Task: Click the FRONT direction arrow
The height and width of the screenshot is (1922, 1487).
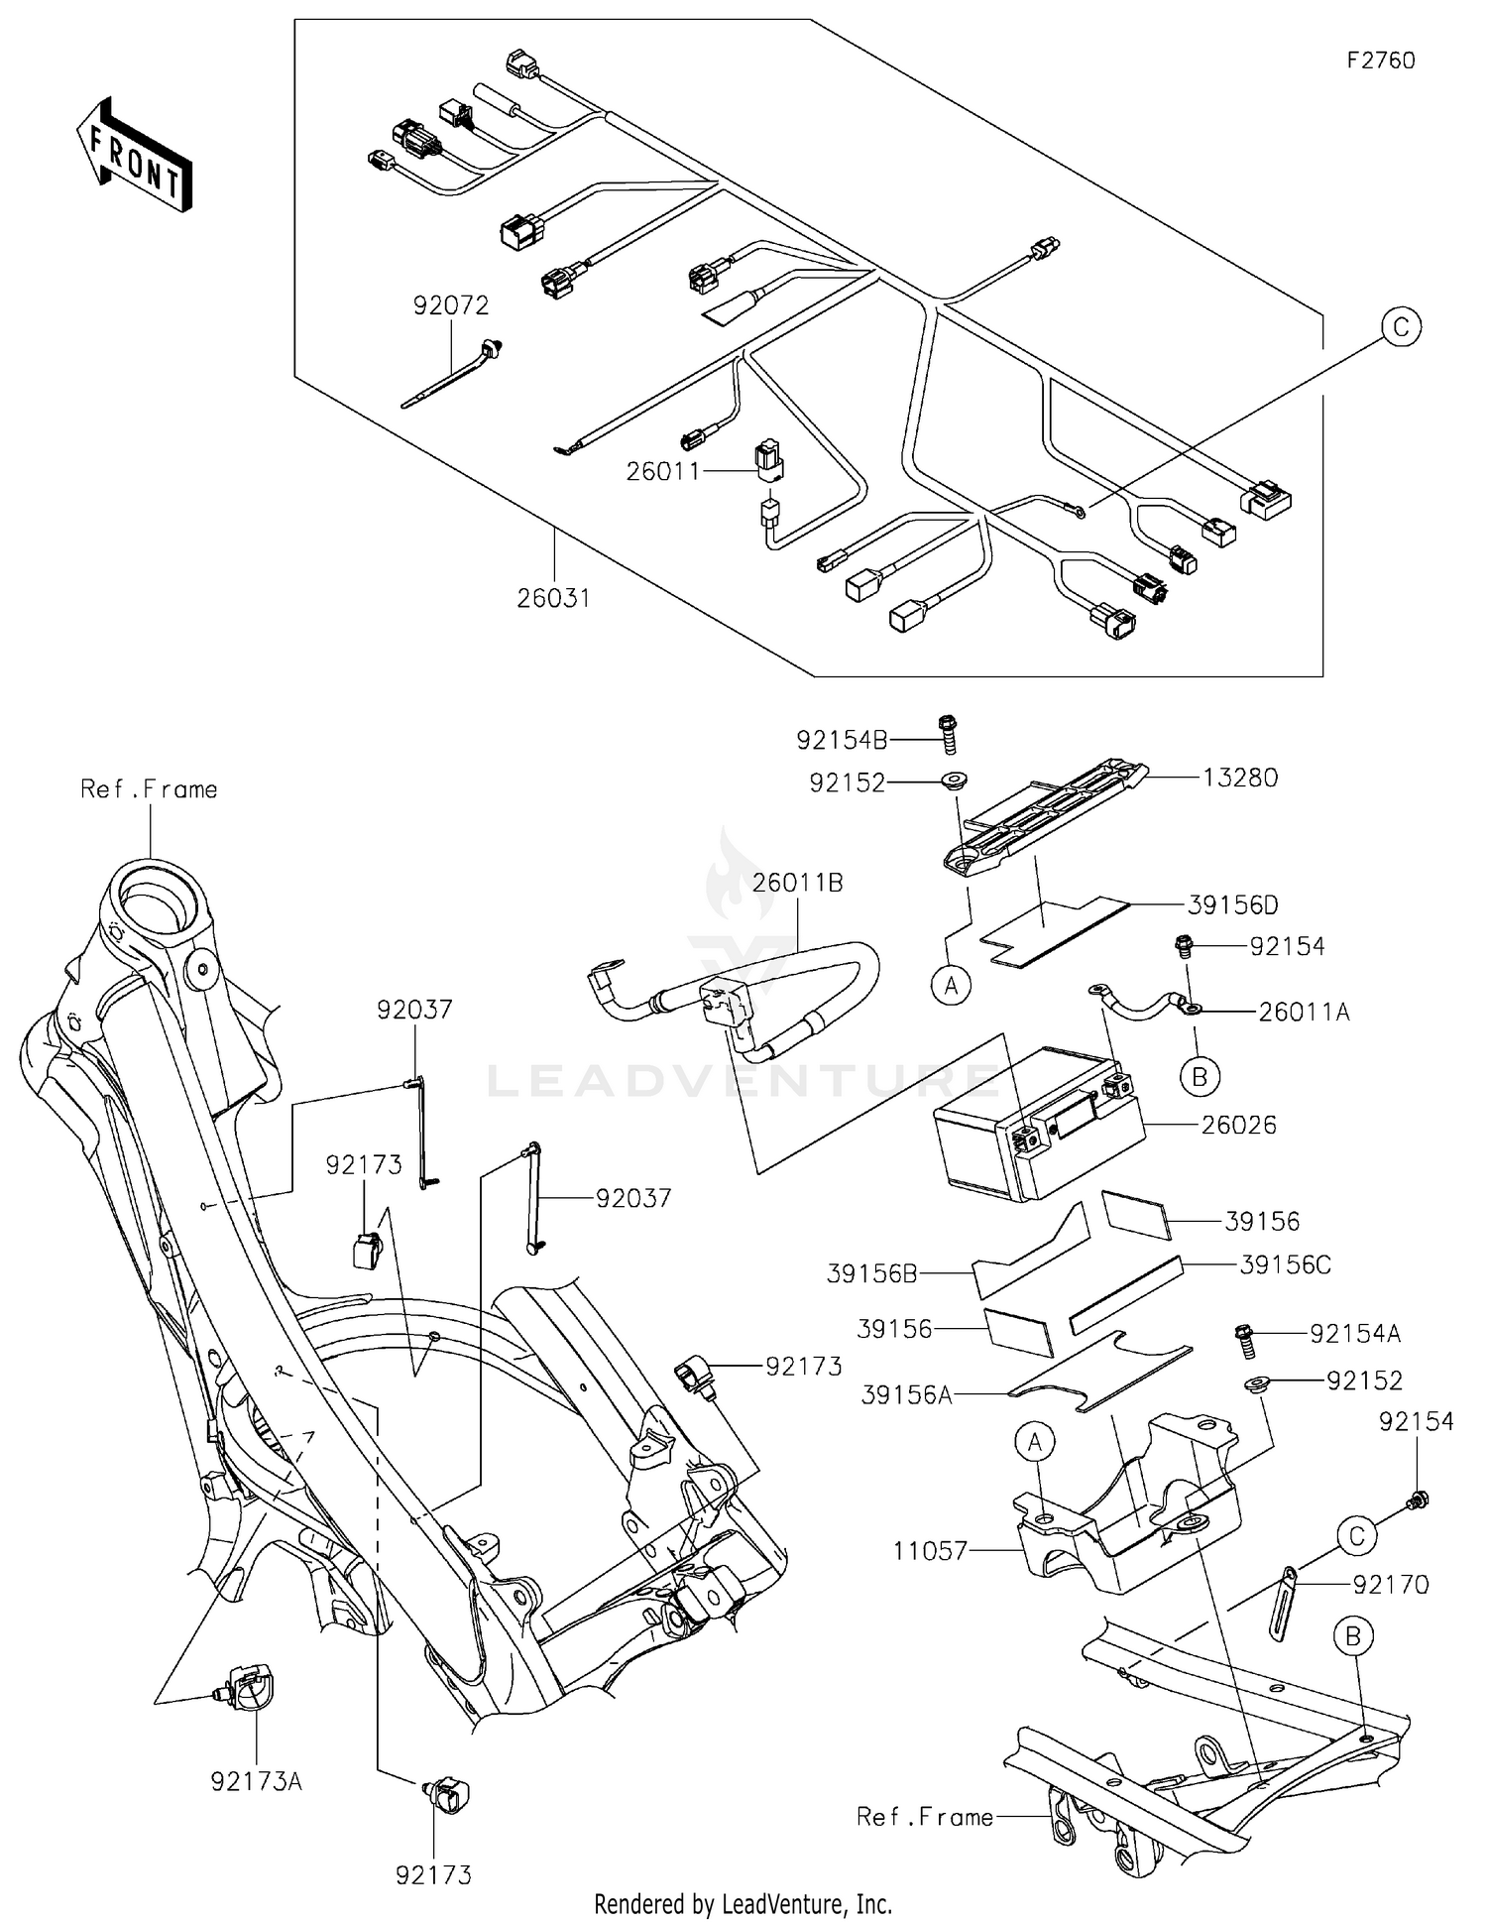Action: (x=135, y=157)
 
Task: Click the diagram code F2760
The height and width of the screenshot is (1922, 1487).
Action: (x=1380, y=60)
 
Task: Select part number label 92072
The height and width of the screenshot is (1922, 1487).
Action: (x=451, y=305)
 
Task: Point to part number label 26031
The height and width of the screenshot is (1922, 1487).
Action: (x=553, y=598)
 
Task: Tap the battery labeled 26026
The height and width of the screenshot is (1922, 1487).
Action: (x=1031, y=1131)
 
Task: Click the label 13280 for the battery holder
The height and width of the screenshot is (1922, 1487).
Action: (x=1240, y=778)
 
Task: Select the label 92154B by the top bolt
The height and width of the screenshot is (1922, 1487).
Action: (x=842, y=740)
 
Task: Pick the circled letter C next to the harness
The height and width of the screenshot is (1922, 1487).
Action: (x=1401, y=327)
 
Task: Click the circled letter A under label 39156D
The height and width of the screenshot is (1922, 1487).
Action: (x=952, y=985)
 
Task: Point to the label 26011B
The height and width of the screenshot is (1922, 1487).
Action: (x=797, y=883)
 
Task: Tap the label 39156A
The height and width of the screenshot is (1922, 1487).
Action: (x=906, y=1395)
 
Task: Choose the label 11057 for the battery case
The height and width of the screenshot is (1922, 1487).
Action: (x=929, y=1550)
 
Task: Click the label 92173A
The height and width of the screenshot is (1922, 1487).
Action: (x=256, y=1781)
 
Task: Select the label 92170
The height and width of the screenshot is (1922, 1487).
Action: (x=1391, y=1585)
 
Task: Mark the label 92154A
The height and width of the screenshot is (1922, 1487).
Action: (x=1354, y=1334)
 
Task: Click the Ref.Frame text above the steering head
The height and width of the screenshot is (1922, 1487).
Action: (x=149, y=789)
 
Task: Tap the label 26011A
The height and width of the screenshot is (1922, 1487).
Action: (x=1304, y=1012)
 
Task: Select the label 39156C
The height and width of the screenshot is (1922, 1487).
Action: (x=1285, y=1265)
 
